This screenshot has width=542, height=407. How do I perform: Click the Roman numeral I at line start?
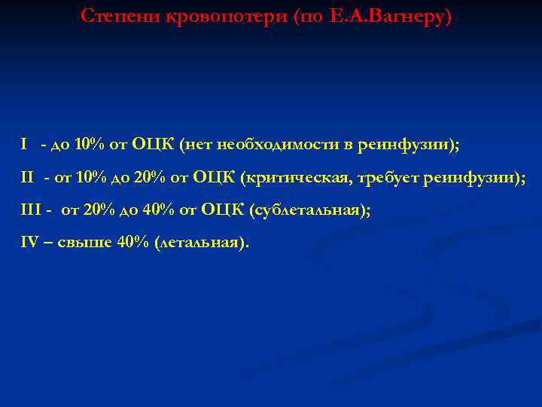24,144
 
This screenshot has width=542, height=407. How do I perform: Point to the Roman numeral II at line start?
27,177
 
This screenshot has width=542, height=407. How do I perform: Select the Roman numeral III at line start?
31,210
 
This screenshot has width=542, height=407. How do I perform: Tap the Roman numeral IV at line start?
29,243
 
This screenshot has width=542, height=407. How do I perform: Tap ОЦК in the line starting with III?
224,210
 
